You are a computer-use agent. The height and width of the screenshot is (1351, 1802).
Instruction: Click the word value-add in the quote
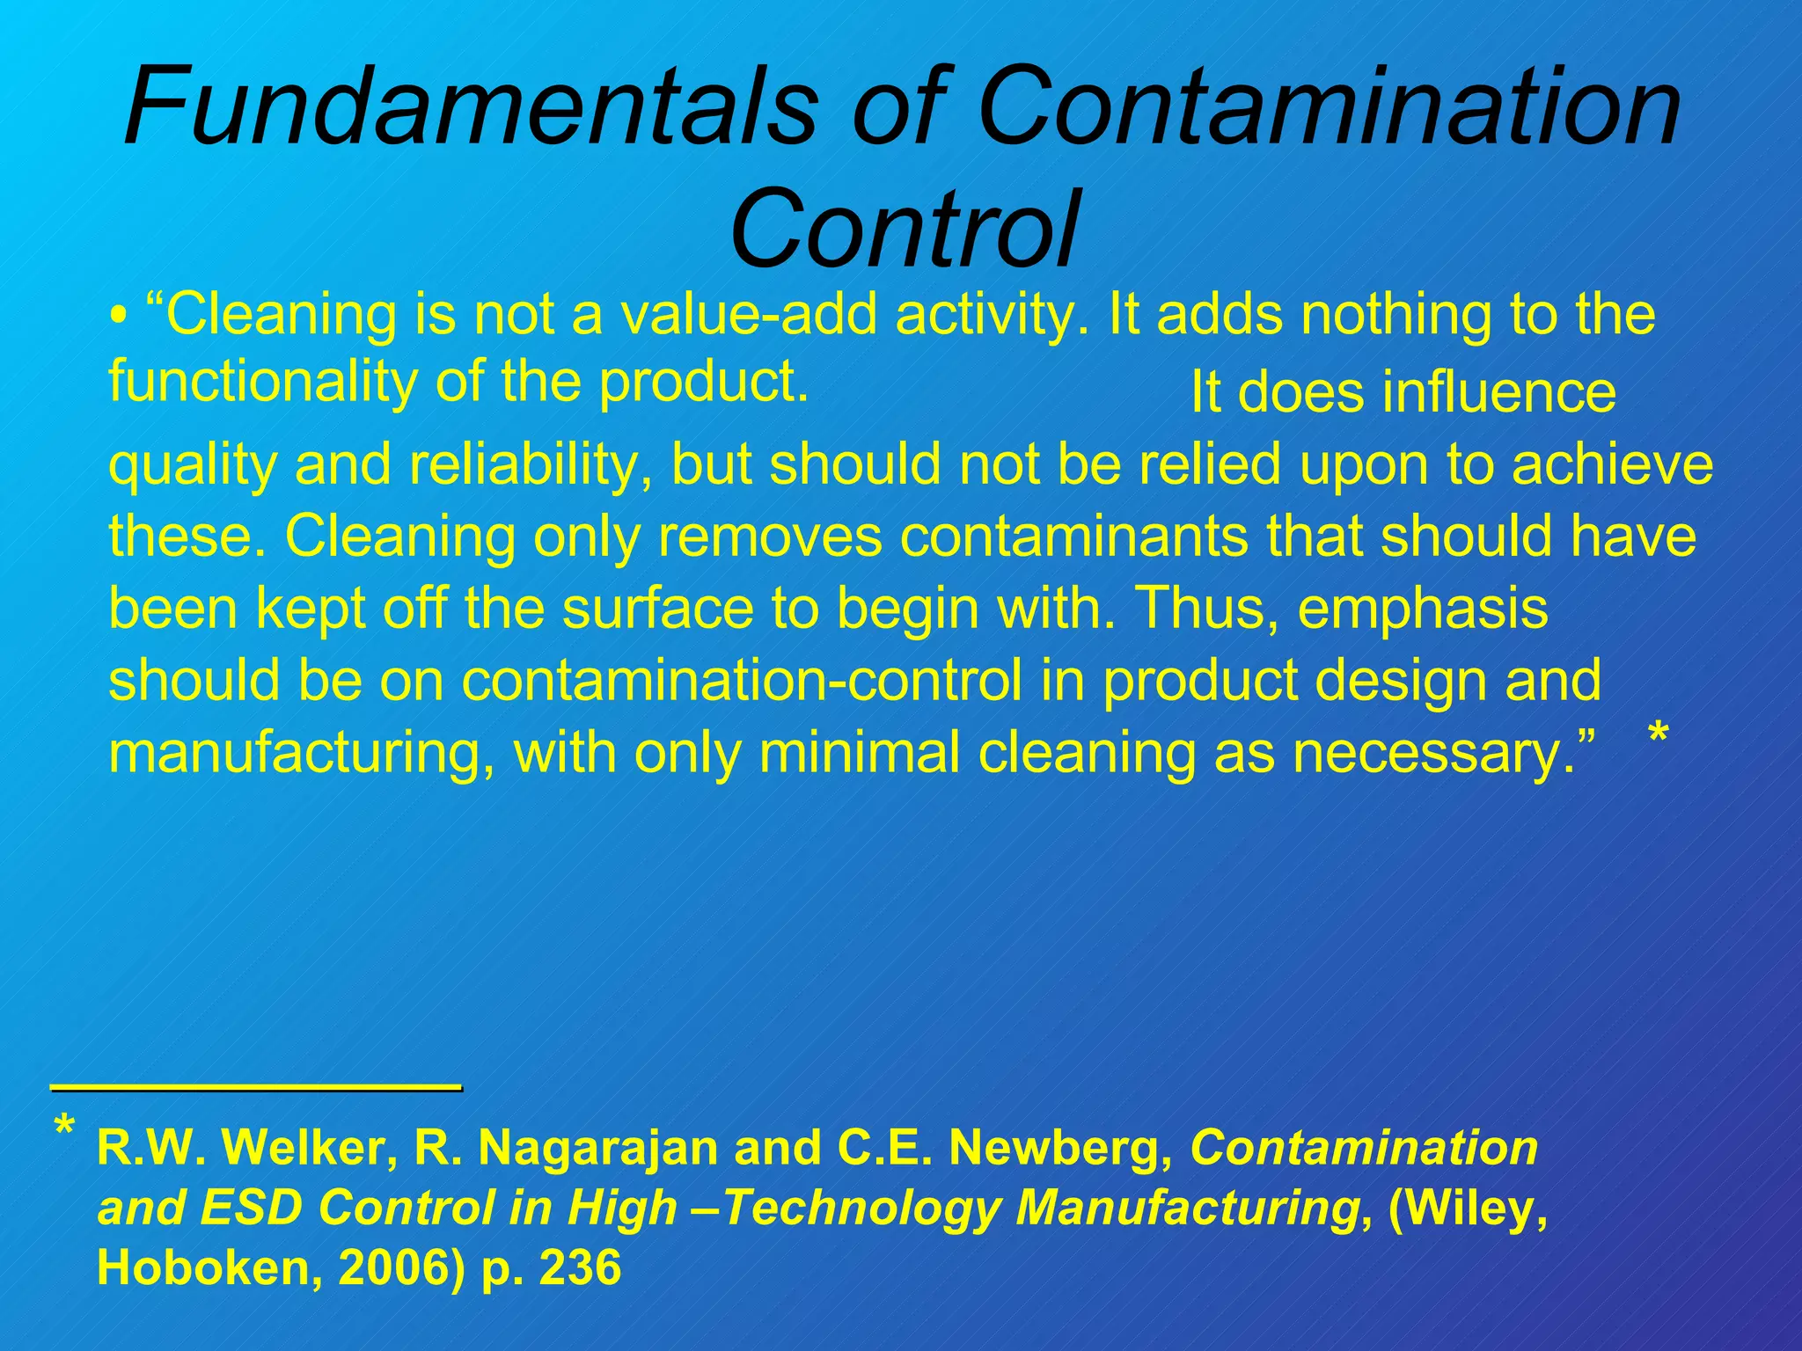pos(749,315)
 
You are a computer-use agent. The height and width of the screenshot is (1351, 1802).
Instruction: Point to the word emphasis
pos(1422,609)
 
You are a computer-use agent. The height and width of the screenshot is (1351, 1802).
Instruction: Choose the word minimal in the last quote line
pos(858,753)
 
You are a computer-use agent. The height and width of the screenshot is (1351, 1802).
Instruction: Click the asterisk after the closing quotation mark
pos(1658,735)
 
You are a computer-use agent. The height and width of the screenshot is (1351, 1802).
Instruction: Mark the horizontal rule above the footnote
pos(256,1089)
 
